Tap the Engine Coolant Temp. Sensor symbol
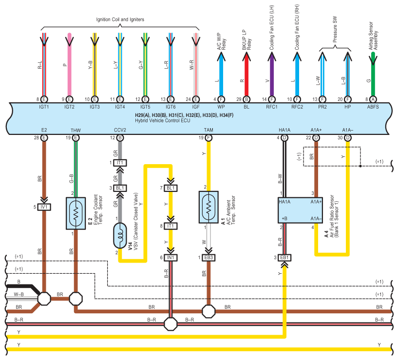[76, 213]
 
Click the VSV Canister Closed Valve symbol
[120, 235]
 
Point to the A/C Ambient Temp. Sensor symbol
[208, 207]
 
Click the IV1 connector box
[44, 207]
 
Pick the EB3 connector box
[208, 257]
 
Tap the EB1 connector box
[284, 257]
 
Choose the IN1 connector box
[171, 257]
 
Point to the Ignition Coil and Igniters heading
[120, 19]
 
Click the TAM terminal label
[208, 130]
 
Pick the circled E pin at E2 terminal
[44, 138]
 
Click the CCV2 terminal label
[120, 130]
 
